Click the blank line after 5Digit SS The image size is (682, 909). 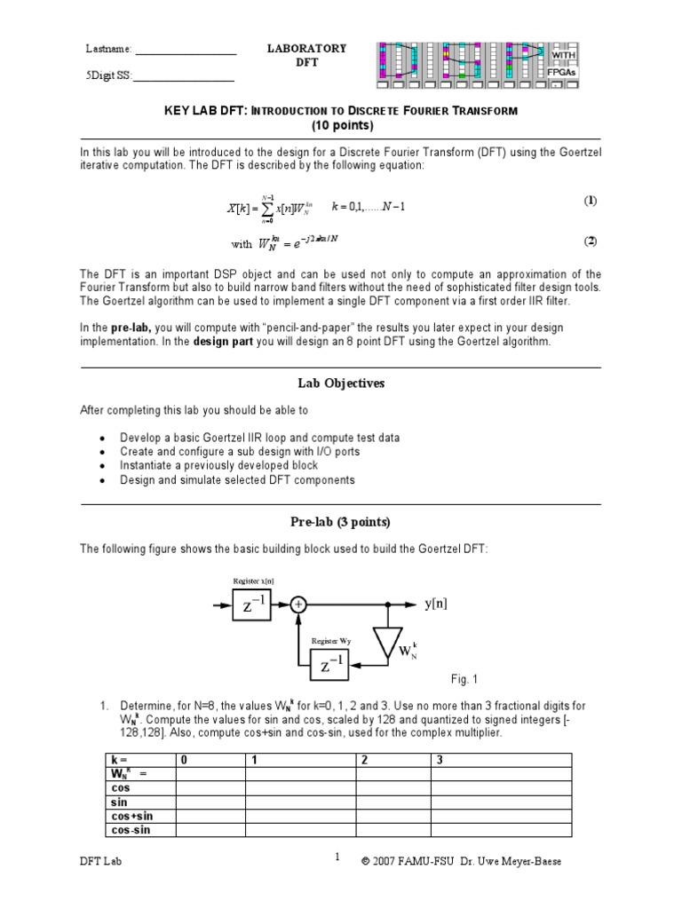183,83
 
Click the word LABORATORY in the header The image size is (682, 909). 307,49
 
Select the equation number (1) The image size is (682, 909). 590,201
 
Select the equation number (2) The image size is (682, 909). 590,241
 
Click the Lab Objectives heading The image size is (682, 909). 341,383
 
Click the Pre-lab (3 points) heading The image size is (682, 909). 341,522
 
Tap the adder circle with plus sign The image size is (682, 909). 298,605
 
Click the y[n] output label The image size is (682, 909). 435,604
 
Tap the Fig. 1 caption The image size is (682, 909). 464,680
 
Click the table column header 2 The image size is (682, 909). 361,760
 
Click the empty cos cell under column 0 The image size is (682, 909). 210,787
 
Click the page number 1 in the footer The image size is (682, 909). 337,858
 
